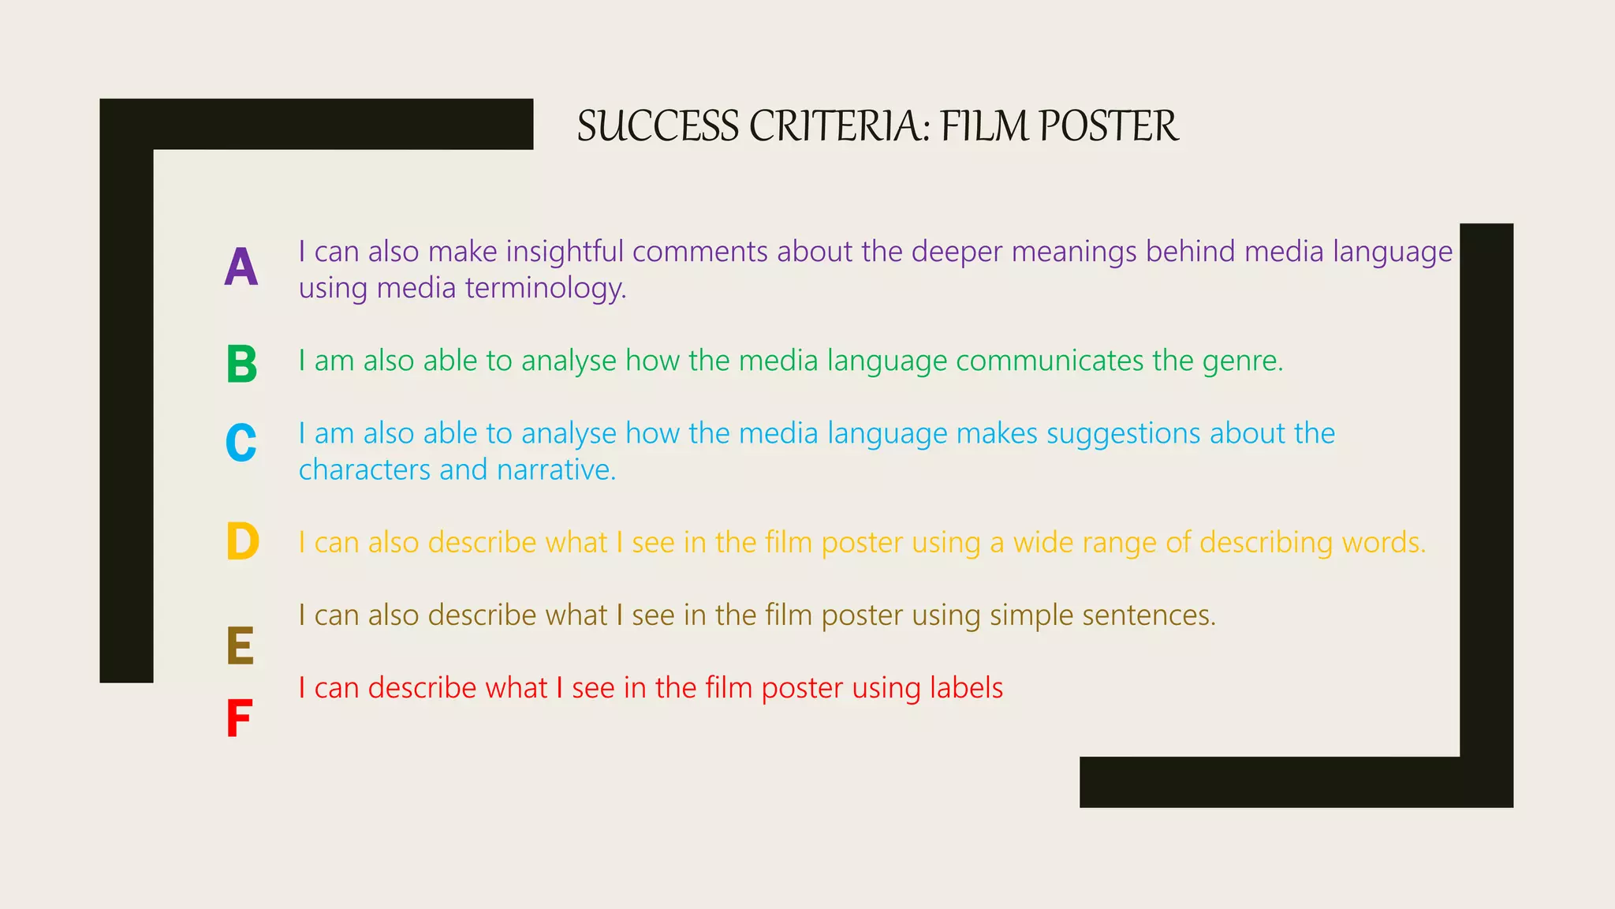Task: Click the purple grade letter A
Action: (x=241, y=267)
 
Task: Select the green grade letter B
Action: (x=241, y=365)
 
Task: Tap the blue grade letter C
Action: (x=241, y=443)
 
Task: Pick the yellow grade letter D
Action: (x=242, y=541)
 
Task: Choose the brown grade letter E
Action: (x=241, y=646)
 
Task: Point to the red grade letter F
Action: (x=239, y=719)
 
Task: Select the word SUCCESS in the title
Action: (x=658, y=126)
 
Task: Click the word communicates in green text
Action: (x=1049, y=361)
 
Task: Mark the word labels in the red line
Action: (x=966, y=688)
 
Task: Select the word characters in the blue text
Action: (x=364, y=470)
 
